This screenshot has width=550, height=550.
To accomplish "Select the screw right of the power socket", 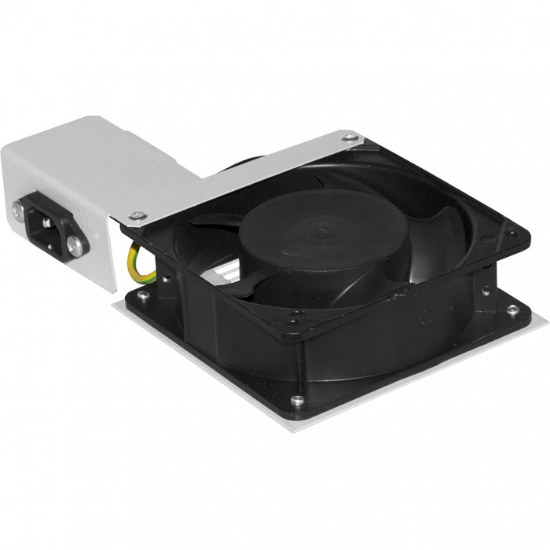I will [x=75, y=244].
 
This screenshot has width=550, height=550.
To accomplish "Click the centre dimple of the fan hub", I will [x=323, y=231].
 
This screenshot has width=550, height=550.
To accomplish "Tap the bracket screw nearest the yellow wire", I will [x=139, y=215].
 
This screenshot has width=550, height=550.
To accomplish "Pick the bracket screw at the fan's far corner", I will [x=353, y=139].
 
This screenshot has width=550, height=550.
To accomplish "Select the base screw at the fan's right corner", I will [x=512, y=309].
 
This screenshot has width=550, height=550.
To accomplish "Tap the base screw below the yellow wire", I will [x=142, y=296].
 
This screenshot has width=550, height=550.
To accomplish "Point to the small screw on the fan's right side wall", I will [x=489, y=291].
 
